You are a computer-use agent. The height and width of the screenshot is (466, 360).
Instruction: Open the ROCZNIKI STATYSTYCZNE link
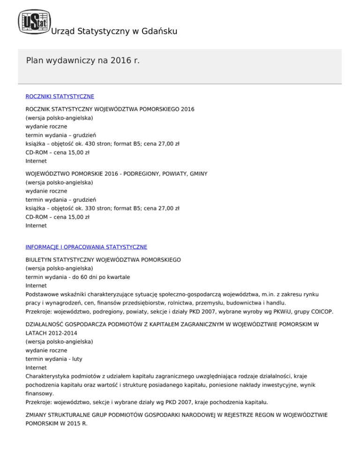(x=60, y=96)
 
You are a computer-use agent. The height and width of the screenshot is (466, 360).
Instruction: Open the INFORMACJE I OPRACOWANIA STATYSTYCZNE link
(x=86, y=247)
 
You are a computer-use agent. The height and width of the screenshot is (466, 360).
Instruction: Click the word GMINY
(x=198, y=173)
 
